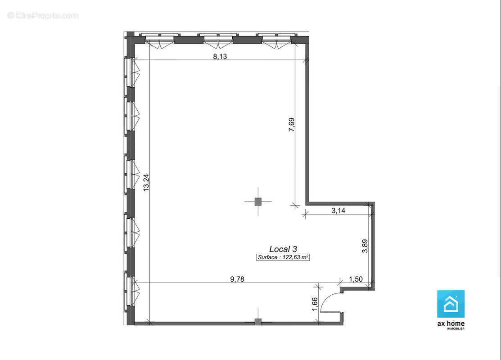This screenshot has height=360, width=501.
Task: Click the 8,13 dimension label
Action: [220, 57]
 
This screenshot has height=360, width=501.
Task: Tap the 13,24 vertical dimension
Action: [146, 182]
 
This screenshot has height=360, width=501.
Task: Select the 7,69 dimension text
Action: [291, 125]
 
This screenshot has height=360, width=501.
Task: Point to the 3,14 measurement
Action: [339, 211]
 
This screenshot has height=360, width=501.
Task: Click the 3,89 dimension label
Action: [365, 246]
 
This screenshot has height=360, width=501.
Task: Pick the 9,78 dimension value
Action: [237, 279]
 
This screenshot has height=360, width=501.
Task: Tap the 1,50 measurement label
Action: [356, 279]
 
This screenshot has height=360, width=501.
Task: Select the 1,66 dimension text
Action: [315, 304]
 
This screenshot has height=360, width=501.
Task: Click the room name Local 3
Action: [283, 249]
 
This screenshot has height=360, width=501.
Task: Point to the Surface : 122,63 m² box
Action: [283, 257]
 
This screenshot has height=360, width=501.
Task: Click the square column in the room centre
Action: [258, 202]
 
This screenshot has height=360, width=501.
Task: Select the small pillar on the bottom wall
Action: [258, 322]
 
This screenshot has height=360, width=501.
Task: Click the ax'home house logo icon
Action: [451, 304]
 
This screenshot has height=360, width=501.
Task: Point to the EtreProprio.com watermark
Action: [43, 15]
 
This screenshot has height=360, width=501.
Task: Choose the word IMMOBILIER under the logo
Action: [455, 328]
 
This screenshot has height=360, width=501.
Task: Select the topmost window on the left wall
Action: [131, 72]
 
